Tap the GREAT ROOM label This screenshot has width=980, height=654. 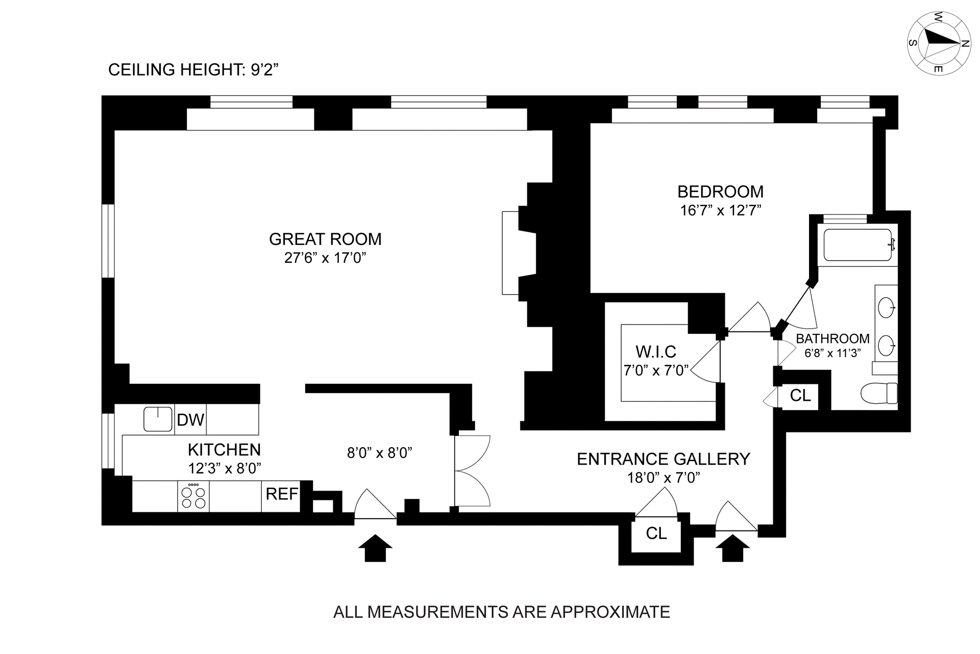coord(325,239)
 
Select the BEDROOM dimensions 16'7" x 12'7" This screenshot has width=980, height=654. coord(720,210)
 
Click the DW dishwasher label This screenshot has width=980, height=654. coord(190,420)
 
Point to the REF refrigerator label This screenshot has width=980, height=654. coord(282,494)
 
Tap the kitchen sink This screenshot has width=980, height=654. coord(158,419)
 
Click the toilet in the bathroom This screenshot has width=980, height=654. coord(879,393)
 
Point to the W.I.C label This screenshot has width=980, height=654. coord(656,352)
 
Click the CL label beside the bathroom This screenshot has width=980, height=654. coord(800,395)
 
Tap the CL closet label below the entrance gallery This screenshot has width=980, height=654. coord(656,533)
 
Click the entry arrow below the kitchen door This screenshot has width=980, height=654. coord(375,548)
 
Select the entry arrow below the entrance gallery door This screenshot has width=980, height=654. coord(733,548)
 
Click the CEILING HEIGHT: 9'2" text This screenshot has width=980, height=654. coord(193,69)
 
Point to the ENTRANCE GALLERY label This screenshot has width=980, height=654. coord(664,459)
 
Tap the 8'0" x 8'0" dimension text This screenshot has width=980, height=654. coord(380,453)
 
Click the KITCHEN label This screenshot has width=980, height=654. coord(225,450)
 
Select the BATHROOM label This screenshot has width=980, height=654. coord(833,338)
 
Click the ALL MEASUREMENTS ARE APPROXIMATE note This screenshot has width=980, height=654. coord(502,612)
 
